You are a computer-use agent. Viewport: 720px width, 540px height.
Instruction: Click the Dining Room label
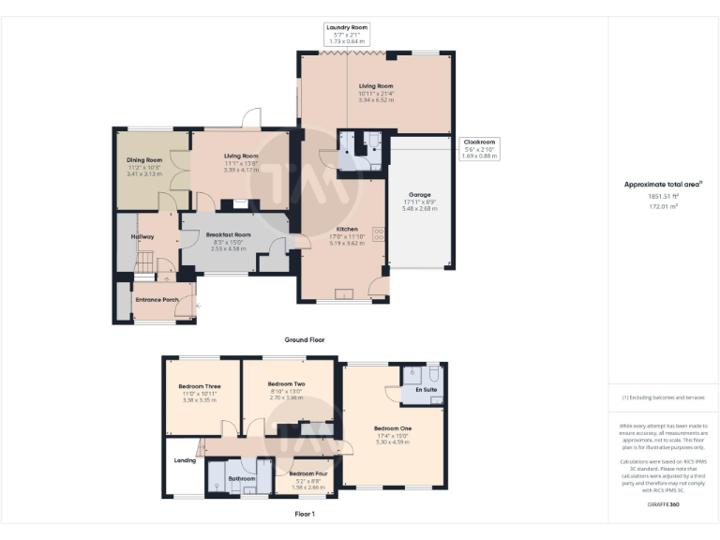144,160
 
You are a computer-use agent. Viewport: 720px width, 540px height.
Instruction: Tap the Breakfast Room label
229,234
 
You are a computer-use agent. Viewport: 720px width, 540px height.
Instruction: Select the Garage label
419,194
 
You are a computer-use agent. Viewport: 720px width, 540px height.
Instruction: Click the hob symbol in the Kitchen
380,235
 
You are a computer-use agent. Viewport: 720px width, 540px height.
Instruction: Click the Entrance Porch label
157,300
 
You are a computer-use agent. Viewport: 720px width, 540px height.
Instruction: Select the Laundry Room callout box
347,34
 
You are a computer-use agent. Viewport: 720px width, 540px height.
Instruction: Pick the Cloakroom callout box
480,148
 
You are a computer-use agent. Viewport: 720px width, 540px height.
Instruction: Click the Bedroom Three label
199,386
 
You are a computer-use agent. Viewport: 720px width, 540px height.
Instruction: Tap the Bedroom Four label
308,473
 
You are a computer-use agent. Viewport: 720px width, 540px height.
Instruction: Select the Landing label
184,460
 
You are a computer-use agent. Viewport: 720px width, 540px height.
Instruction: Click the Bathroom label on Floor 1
242,478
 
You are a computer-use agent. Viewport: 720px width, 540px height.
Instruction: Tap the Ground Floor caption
305,339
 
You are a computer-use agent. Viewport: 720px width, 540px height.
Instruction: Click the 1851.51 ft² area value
663,196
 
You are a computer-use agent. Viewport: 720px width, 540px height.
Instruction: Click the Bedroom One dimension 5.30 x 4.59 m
394,442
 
